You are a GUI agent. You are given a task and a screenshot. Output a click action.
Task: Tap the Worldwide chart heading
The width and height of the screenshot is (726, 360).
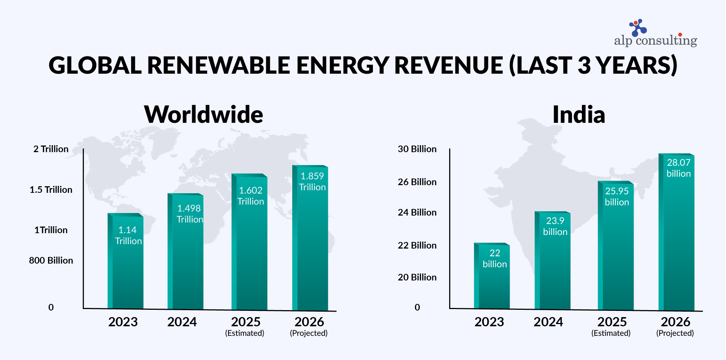click(203, 114)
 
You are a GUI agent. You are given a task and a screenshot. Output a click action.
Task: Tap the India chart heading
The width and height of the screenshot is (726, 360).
click(578, 114)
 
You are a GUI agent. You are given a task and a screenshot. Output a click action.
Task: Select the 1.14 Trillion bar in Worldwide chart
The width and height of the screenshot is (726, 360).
click(126, 271)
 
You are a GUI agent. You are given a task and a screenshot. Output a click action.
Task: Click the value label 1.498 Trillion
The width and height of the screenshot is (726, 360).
click(189, 214)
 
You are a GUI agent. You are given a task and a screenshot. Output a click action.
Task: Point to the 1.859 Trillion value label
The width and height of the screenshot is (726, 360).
click(312, 181)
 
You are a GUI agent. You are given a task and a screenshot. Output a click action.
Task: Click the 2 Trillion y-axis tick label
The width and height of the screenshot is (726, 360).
click(51, 149)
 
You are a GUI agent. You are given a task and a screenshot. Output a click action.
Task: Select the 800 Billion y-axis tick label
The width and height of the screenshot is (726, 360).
click(51, 260)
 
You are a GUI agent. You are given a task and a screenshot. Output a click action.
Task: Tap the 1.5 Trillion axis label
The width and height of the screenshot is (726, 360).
click(51, 190)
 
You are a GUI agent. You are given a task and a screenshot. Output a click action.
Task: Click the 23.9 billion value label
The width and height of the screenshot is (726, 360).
click(555, 226)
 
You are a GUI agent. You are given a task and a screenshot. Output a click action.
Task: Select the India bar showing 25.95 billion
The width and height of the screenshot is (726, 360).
click(616, 257)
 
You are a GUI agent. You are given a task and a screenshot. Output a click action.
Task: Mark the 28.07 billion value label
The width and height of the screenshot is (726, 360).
click(678, 168)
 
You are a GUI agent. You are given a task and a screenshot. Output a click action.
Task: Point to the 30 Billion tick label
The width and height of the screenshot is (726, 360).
click(417, 149)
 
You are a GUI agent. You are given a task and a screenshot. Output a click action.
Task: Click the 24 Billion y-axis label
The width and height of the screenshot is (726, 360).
click(417, 212)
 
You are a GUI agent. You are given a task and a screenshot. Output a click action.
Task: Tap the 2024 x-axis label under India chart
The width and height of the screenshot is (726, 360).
click(548, 322)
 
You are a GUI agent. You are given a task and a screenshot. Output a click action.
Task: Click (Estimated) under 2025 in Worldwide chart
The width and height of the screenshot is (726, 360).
click(245, 333)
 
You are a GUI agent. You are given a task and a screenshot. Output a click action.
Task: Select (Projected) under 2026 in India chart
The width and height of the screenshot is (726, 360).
click(675, 333)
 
